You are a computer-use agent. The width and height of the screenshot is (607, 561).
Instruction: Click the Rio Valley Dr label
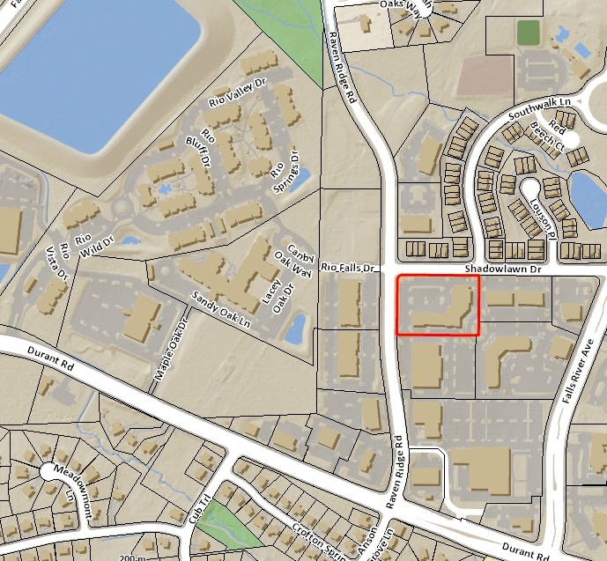237,92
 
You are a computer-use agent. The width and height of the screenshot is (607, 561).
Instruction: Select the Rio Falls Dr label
348,266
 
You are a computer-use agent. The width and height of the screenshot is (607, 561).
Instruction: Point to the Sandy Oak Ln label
222,310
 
